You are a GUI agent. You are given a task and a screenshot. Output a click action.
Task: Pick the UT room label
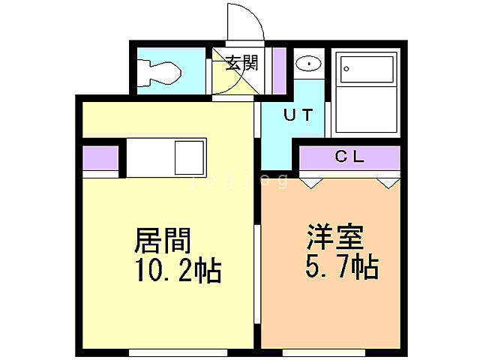298,115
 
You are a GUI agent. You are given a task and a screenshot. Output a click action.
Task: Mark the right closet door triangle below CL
386,181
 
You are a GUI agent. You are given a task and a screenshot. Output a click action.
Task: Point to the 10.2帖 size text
178,269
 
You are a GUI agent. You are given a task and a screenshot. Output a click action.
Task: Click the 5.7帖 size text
340,265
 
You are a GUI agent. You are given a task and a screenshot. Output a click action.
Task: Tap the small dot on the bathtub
346,70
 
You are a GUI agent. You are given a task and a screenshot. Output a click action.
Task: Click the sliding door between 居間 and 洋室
259,270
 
